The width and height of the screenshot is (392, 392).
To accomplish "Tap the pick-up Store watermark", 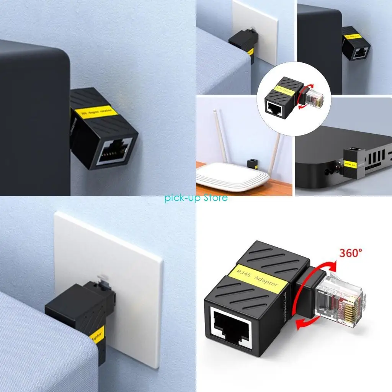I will pos(196,198).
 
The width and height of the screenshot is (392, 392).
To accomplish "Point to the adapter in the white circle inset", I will pos(281,96).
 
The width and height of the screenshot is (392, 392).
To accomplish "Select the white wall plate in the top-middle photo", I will pos(261,31).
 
